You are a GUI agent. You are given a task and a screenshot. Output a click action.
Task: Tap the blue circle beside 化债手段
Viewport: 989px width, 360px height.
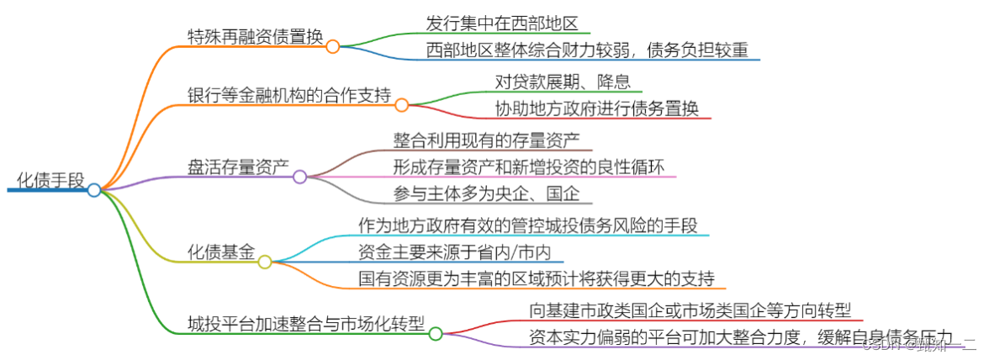pyautogui.click(x=94, y=190)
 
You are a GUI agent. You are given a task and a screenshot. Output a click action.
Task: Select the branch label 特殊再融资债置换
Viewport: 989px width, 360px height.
pyautogui.click(x=255, y=36)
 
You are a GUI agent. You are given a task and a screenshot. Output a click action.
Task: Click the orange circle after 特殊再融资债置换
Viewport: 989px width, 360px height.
pyautogui.click(x=333, y=46)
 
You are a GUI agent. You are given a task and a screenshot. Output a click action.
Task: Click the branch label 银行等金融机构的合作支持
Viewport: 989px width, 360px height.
pyautogui.click(x=289, y=95)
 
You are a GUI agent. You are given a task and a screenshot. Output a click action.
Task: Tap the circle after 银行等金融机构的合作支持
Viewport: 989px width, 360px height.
pyautogui.click(x=402, y=105)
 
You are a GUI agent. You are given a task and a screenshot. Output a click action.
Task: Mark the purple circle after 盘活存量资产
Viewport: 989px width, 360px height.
pyautogui.click(x=300, y=177)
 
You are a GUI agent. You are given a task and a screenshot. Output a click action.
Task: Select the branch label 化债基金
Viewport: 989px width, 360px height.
pyautogui.click(x=220, y=251)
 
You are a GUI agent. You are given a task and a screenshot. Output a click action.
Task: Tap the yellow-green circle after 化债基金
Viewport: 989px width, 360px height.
pyautogui.click(x=265, y=262)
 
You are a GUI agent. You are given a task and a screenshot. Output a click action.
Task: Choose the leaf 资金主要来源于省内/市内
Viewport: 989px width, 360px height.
pyautogui.click(x=455, y=251)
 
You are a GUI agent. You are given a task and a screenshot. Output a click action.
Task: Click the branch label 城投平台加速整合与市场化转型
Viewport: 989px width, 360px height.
pyautogui.click(x=306, y=324)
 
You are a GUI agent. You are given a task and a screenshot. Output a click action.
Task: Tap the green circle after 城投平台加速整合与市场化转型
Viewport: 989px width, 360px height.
pyautogui.click(x=436, y=334)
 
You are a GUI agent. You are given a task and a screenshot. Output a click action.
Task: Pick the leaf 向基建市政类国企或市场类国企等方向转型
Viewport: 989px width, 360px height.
pyautogui.click(x=690, y=310)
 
